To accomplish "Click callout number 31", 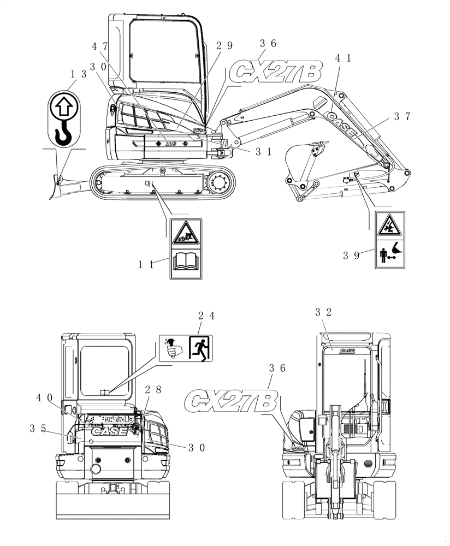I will point(263,152).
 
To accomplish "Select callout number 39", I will point(351,254).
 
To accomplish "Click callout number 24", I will point(206,315).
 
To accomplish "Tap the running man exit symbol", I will point(199,348).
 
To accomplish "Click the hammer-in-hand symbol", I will point(172,348).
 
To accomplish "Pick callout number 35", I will point(38,429).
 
